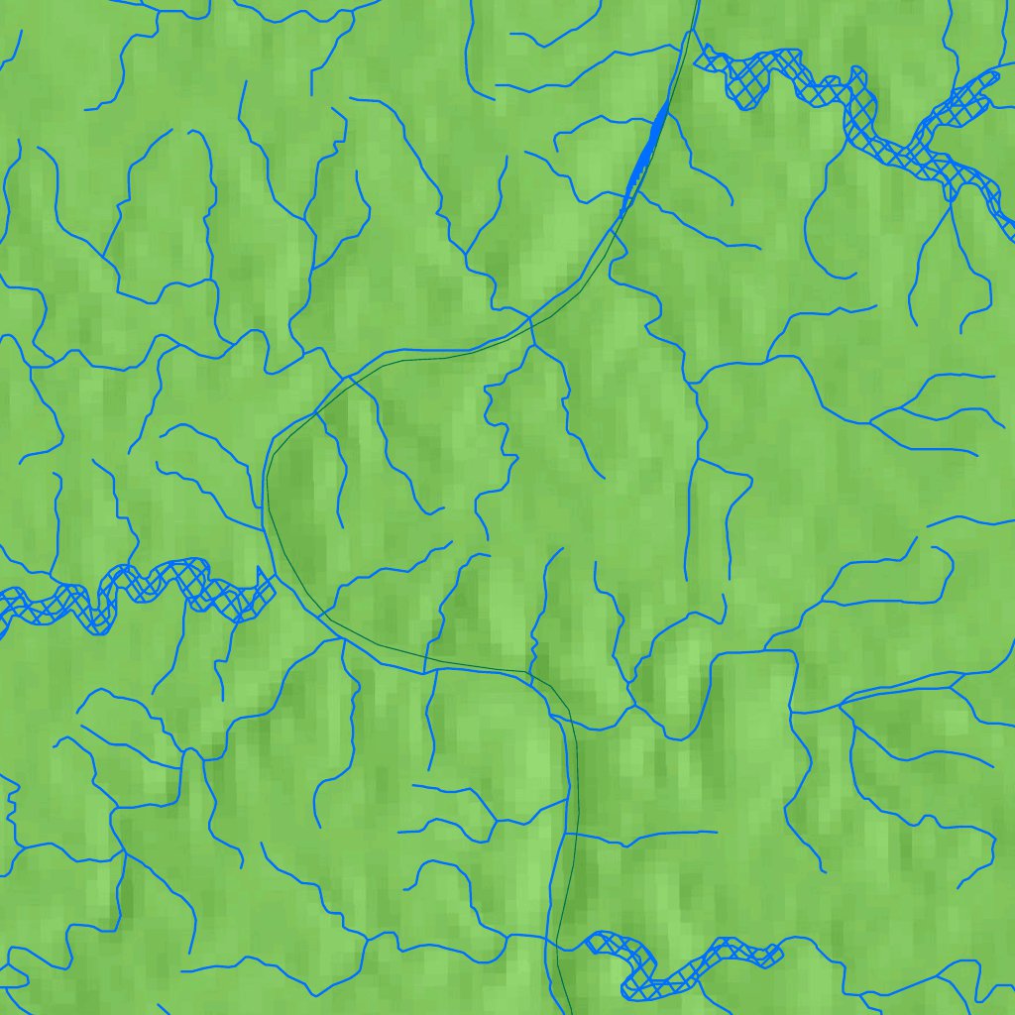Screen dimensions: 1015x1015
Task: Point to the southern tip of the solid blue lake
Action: [623, 212]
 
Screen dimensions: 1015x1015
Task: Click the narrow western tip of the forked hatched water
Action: [698, 58]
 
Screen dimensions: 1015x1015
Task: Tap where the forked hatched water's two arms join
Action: [917, 149]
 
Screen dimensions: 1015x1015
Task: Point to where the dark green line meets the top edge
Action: [697, 2]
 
